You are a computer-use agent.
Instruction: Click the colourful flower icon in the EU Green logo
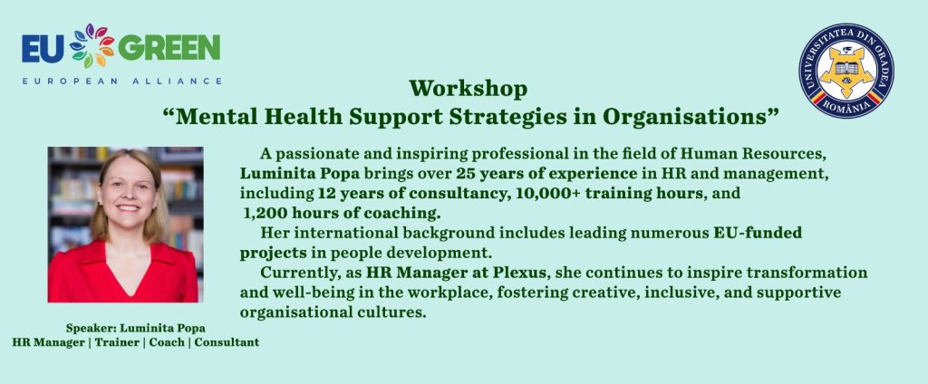coord(92,45)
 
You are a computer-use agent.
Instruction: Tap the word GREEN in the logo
coord(169,48)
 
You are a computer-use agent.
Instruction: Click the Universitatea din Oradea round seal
coord(846,71)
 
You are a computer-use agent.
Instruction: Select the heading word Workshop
coord(468,89)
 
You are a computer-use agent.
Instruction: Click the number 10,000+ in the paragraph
coord(540,194)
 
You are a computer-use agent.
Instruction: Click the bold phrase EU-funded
coord(758,233)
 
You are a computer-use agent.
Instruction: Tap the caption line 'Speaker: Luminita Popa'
coord(136,328)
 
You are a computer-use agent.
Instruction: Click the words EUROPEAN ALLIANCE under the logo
coord(122,82)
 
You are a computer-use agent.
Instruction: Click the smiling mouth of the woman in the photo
coord(128,207)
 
